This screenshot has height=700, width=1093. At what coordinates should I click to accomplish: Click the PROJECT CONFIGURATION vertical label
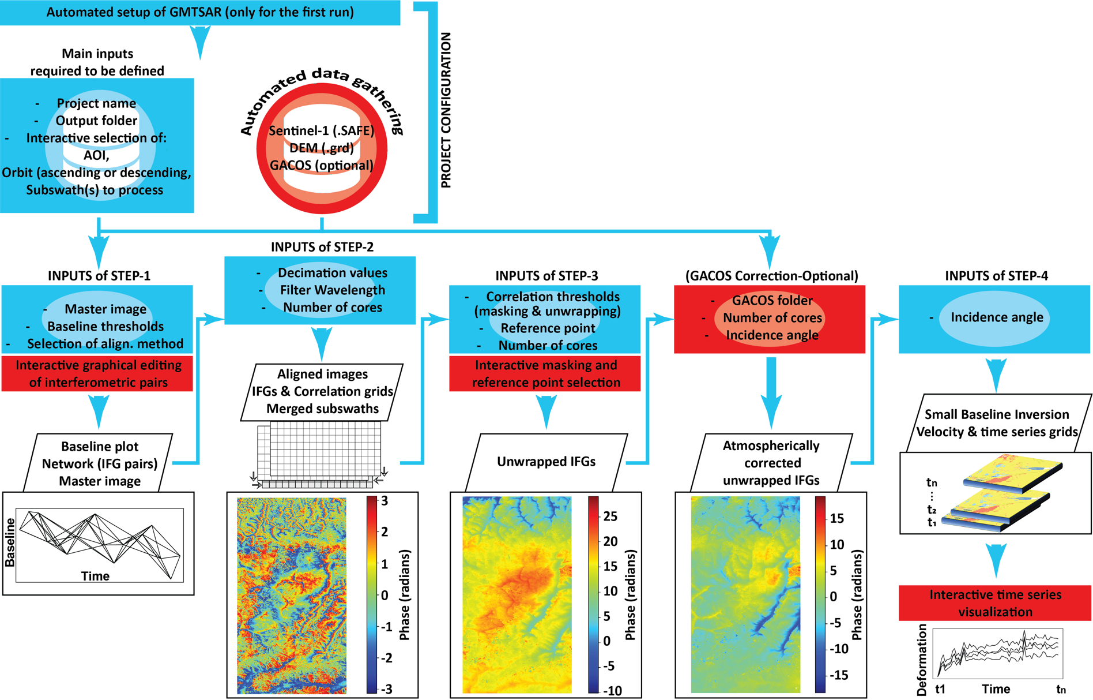[446, 110]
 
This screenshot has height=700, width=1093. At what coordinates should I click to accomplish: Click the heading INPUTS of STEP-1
[99, 276]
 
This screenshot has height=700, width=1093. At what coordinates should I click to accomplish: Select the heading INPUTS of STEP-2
[322, 247]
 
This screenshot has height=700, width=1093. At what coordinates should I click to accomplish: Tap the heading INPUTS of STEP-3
[546, 276]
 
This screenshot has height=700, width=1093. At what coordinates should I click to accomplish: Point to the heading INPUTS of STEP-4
[996, 276]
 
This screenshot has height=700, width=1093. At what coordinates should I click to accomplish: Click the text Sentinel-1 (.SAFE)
[322, 130]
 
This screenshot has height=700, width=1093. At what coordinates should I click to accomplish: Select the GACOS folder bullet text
[772, 300]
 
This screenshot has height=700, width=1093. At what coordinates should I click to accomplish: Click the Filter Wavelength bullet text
[333, 290]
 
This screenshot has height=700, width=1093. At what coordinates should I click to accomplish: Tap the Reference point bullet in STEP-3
[548, 328]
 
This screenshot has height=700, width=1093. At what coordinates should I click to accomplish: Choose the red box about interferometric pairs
[97, 374]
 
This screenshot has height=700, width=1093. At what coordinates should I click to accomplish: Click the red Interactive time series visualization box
[995, 603]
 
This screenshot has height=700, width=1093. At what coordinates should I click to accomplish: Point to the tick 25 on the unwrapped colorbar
[610, 516]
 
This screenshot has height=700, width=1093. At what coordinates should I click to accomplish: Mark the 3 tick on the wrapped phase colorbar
[385, 501]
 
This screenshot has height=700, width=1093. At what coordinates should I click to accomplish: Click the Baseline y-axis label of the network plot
[10, 542]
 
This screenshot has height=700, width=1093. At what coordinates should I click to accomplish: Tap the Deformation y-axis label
[921, 660]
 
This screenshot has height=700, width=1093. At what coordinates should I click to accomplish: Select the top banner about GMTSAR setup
[200, 13]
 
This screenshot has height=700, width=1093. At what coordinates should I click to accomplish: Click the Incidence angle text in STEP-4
[997, 317]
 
